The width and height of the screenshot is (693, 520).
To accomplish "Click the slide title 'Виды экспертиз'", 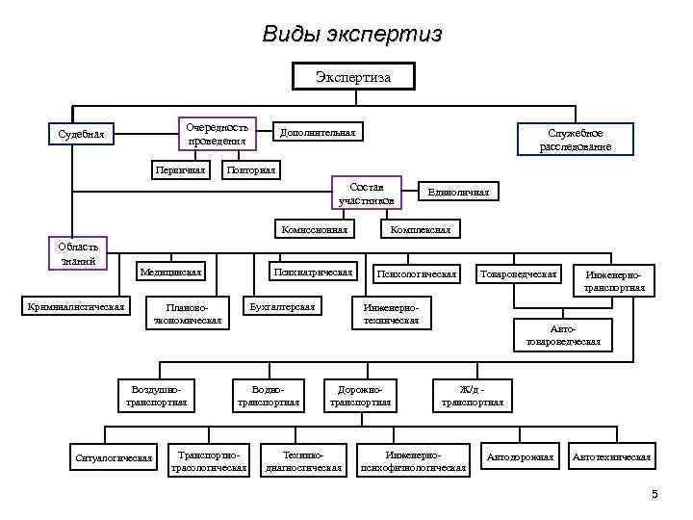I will [352, 35].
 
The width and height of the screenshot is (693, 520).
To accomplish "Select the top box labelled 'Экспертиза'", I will [353, 76].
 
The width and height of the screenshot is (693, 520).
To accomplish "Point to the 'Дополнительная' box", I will [317, 131].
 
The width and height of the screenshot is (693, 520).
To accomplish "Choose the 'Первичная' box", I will [180, 170].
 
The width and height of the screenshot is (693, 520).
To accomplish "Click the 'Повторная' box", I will [250, 170].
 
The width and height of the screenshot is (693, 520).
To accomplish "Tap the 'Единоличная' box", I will [458, 193].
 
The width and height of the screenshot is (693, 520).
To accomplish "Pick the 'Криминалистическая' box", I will [77, 306].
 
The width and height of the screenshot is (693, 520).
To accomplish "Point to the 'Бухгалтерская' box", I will [282, 306].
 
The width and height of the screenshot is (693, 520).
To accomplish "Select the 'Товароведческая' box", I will [519, 274].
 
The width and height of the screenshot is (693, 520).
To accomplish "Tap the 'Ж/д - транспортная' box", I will [471, 395].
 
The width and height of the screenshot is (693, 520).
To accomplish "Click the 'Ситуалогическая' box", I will [115, 456].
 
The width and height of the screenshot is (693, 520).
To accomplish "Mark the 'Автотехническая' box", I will [611, 456].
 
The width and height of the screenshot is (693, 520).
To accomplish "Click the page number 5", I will [655, 495].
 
